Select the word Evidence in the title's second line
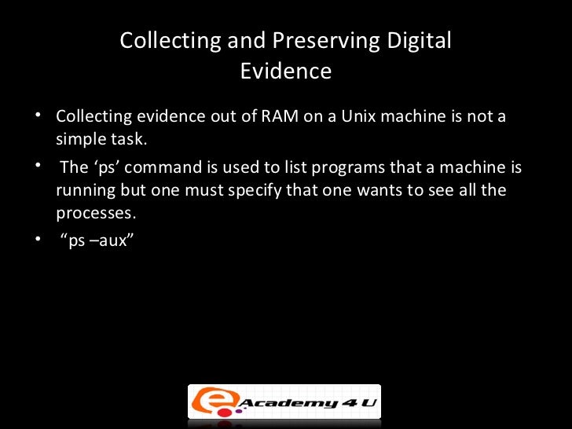pyautogui.click(x=285, y=71)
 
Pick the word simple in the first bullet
pyautogui.click(x=78, y=140)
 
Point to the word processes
pyautogui.click(x=91, y=213)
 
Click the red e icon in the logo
pyautogui.click(x=206, y=401)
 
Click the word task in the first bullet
pyautogui.click(x=129, y=140)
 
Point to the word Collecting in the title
pyautogui.click(x=159, y=41)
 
